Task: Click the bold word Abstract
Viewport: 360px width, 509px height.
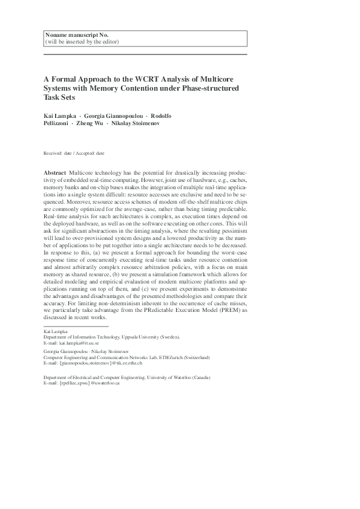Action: click(56, 173)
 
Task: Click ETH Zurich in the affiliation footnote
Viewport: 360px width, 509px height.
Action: click(166, 357)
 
